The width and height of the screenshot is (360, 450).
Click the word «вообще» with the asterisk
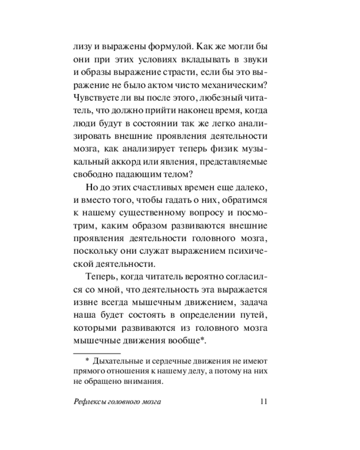click(x=190, y=340)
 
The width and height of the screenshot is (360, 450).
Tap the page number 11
click(x=264, y=402)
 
